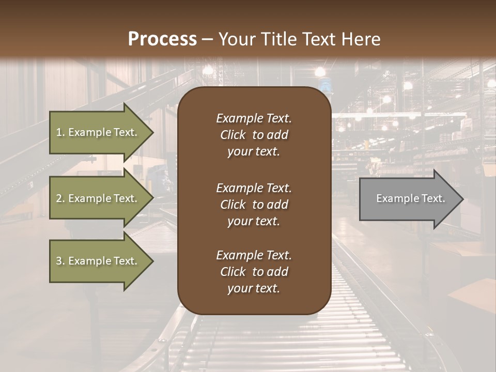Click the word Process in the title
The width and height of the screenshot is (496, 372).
pyautogui.click(x=162, y=39)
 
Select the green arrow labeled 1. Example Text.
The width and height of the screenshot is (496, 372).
pyautogui.click(x=97, y=132)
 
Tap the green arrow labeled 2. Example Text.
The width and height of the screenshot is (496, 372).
pyautogui.click(x=97, y=198)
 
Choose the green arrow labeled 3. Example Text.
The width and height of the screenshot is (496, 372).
pyautogui.click(x=97, y=261)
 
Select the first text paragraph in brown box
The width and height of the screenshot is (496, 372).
pyautogui.click(x=254, y=135)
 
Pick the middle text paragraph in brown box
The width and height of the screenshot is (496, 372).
pyautogui.click(x=254, y=205)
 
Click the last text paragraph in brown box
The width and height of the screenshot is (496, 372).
pyautogui.click(x=254, y=272)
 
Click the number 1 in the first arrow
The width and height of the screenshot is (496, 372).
pyautogui.click(x=59, y=132)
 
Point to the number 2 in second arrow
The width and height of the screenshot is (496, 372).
pyautogui.click(x=59, y=198)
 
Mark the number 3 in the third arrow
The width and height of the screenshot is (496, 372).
pyautogui.click(x=59, y=261)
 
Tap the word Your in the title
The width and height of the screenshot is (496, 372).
pyautogui.click(x=235, y=39)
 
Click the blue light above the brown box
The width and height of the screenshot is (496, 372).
pyautogui.click(x=323, y=84)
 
